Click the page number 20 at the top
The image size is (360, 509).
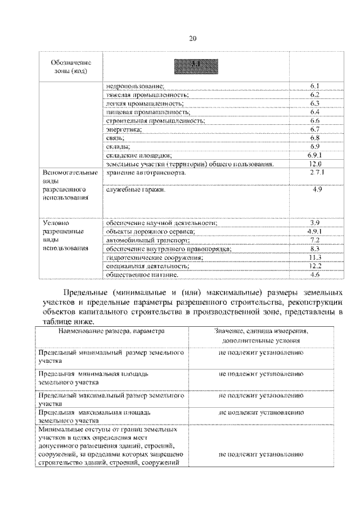192,38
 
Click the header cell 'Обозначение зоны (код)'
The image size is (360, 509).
71,67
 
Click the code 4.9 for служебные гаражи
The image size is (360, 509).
316,191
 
